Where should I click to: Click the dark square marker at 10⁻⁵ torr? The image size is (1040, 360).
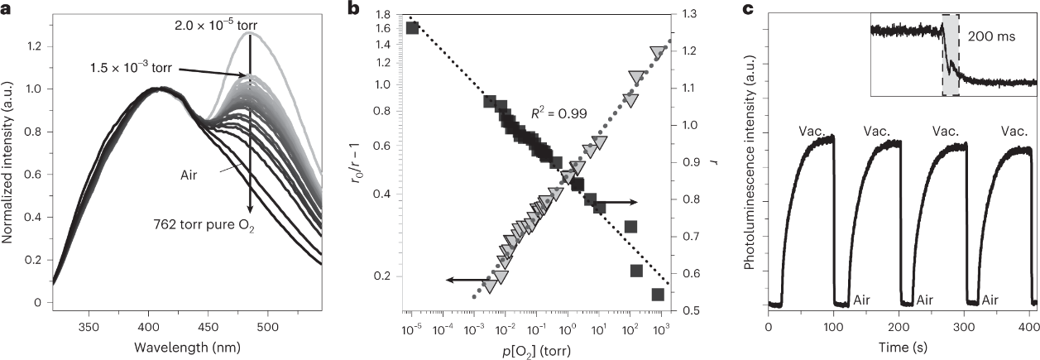[x=412, y=27]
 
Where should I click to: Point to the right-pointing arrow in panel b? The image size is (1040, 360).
[x=613, y=202]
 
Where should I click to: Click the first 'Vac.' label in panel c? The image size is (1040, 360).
[x=812, y=130]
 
